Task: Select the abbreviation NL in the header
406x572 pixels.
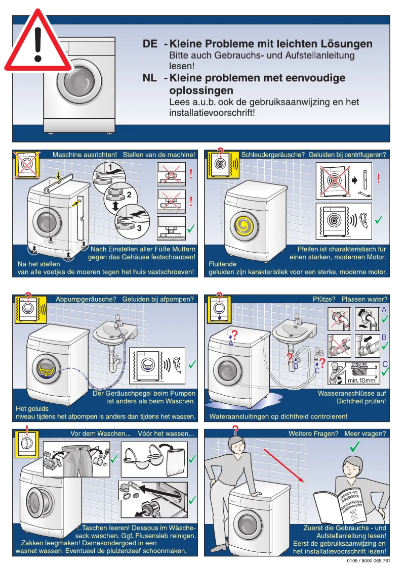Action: point(150,78)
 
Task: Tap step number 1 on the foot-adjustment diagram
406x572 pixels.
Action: point(109,167)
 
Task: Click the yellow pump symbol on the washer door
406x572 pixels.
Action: point(46,372)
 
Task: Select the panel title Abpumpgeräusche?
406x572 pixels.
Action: point(88,299)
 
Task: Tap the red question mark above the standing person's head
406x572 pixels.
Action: point(235,431)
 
